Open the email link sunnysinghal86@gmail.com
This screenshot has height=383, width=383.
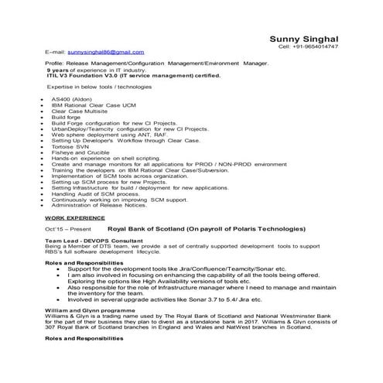(111, 51)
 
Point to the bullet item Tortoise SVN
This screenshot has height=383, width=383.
(72, 147)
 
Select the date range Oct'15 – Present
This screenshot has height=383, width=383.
(67, 230)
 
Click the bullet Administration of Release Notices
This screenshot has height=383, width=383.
(98, 206)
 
